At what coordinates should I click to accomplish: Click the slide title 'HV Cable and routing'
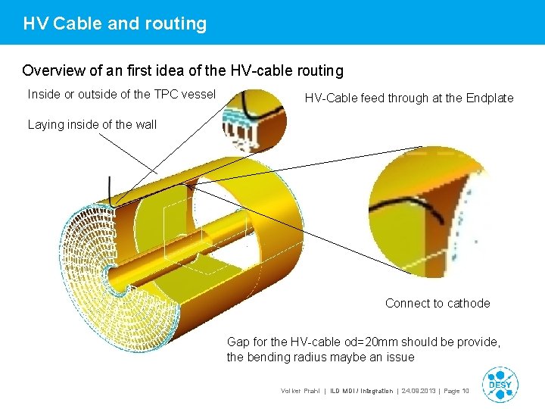tap(114, 23)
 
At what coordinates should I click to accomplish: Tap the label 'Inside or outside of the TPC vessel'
tap(121, 95)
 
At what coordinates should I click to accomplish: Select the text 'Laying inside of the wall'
tap(92, 124)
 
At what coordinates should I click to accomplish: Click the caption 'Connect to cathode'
tap(437, 303)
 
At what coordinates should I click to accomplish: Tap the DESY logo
tap(499, 383)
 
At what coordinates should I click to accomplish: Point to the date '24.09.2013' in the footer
tap(417, 391)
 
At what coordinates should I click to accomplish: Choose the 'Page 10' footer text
tap(456, 391)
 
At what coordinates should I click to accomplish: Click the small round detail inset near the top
tap(254, 122)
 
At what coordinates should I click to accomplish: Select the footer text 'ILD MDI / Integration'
tap(362, 391)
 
